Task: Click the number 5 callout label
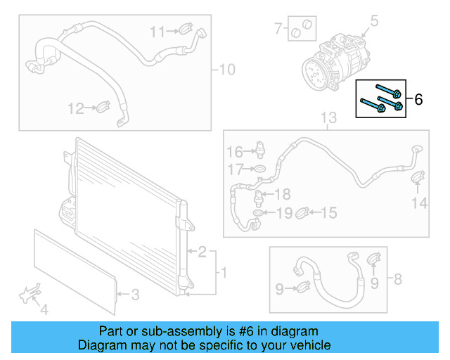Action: [x=374, y=22]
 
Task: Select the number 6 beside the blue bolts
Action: [x=418, y=100]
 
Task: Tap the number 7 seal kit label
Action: [x=278, y=29]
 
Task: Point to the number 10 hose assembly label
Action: [x=227, y=70]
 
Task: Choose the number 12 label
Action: [x=75, y=108]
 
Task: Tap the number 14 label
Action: [x=420, y=203]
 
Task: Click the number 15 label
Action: [x=329, y=212]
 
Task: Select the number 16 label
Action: [x=234, y=151]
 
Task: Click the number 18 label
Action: [x=282, y=194]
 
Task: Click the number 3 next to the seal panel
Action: [x=136, y=293]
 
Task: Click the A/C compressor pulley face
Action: [x=312, y=72]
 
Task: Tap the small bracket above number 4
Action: [x=30, y=293]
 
